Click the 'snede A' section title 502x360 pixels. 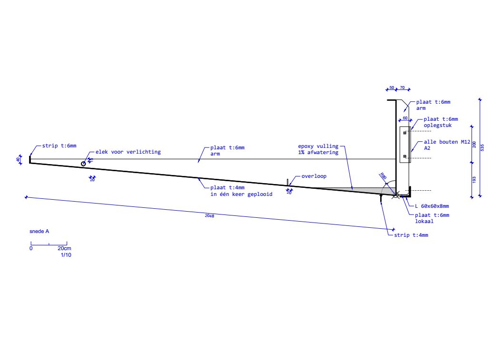point(39,231)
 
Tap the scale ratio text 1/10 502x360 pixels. point(66,255)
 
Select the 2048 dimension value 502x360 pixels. point(209,216)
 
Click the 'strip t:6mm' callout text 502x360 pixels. point(59,146)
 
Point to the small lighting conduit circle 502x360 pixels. point(83,164)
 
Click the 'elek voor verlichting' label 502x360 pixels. point(128,152)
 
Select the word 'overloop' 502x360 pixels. point(314,176)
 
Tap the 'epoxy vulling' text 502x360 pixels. point(318,146)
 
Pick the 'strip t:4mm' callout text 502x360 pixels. point(411,235)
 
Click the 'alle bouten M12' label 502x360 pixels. point(447,142)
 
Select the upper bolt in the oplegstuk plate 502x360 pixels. point(404,133)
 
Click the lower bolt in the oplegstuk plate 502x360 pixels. point(404,156)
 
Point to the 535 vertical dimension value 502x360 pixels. point(482,148)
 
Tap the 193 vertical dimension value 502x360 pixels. point(474,180)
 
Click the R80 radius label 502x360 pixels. point(383,176)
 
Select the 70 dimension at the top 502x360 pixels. point(403,88)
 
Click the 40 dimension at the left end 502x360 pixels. point(18,159)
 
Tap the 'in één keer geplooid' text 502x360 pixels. point(241,194)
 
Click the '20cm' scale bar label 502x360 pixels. point(64,248)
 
